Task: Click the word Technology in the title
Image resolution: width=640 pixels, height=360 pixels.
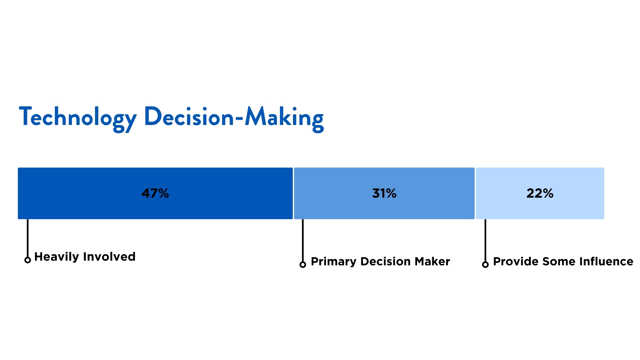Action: [x=78, y=117]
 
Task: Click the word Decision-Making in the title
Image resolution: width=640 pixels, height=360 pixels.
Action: [x=234, y=117]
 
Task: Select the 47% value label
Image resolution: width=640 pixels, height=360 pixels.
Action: [x=155, y=193]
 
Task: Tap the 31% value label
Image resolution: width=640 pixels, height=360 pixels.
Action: [x=384, y=193]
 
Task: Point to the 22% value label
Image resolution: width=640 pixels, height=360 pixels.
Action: [x=540, y=193]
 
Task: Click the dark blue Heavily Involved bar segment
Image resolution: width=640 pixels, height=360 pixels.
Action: [x=83, y=193]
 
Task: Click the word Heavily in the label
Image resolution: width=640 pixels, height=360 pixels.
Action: [x=57, y=257]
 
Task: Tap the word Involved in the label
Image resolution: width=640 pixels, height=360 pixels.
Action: [x=109, y=257]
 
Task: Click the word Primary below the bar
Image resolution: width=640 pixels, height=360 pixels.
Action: [x=334, y=262]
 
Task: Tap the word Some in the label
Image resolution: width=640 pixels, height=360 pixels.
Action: [x=559, y=262]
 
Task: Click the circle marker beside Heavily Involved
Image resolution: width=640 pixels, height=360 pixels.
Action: [x=28, y=260]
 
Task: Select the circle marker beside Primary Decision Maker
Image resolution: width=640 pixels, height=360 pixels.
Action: [x=303, y=265]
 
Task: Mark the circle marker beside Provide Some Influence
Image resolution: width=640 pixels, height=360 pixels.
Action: [x=485, y=265]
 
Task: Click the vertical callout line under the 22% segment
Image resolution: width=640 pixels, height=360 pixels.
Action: [x=485, y=240]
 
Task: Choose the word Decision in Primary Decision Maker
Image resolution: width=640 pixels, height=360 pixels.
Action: [x=386, y=262]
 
